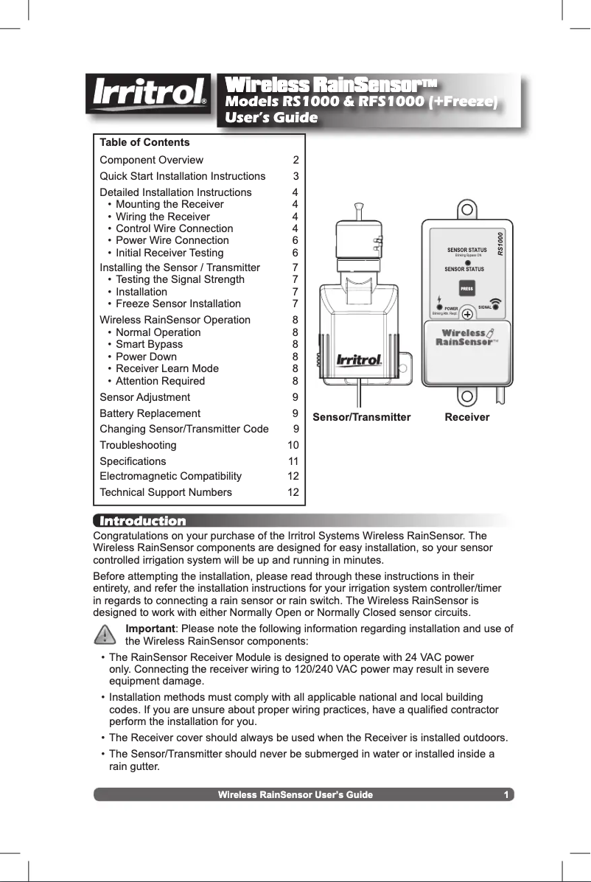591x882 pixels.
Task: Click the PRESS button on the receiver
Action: coord(466,288)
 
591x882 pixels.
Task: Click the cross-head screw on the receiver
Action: coord(467,313)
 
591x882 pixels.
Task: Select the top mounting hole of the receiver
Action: coord(466,209)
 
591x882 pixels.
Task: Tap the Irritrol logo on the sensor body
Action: coord(359,360)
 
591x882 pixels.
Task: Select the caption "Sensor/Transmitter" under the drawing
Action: coord(362,417)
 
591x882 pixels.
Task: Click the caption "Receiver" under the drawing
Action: coord(467,417)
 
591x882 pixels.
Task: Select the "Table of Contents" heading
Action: coord(144,142)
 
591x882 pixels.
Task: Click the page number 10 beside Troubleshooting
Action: coord(293,445)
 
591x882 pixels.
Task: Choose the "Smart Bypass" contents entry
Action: coord(150,344)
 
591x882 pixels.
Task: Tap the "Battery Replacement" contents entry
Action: coord(150,413)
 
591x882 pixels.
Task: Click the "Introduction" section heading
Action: coord(142,522)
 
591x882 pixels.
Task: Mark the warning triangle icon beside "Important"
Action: coord(106,634)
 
